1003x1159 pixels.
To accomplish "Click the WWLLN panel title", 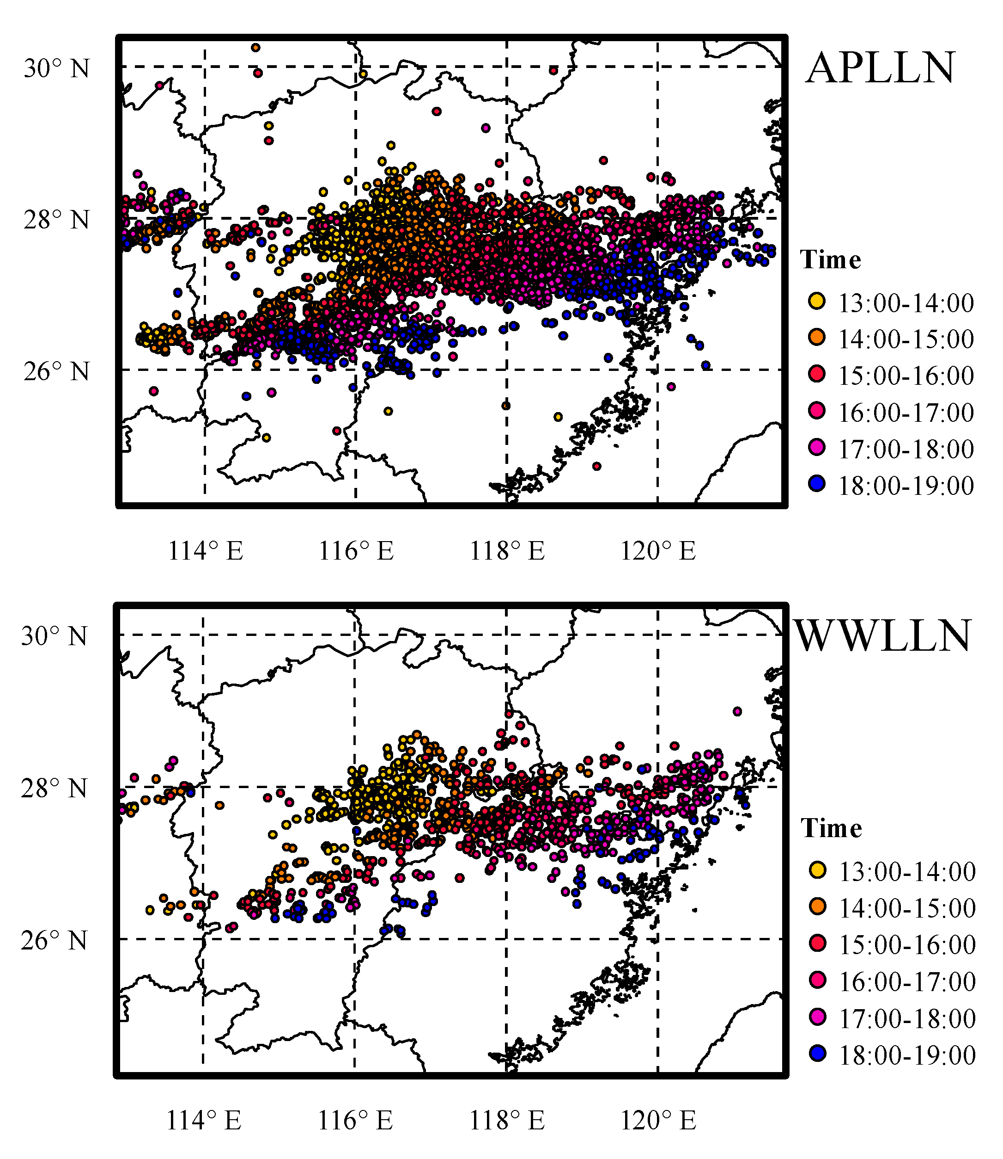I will pos(883,636).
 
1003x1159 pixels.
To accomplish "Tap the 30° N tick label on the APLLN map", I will pos(56,69).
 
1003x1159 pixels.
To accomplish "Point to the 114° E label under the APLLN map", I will pos(206,551).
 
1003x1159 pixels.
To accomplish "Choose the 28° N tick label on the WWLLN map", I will pos(55,789).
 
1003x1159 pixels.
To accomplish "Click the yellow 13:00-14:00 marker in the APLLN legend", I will pos(817,302).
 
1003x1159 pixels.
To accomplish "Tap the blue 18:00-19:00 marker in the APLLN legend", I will pos(817,484).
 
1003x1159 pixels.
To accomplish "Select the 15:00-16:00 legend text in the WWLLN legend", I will pos(907,945).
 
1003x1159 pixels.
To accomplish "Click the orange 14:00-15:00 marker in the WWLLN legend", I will pos(818,907).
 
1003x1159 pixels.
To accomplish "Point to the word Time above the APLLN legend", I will pos(830,260).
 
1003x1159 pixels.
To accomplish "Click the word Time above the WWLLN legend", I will pos(831,828).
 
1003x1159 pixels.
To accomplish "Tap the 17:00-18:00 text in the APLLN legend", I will pos(906,449).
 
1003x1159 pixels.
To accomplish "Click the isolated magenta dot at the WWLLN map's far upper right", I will pos(737,711).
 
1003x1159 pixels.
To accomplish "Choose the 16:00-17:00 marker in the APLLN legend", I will pos(817,411).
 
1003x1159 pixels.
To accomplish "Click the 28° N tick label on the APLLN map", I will pos(56,220).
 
